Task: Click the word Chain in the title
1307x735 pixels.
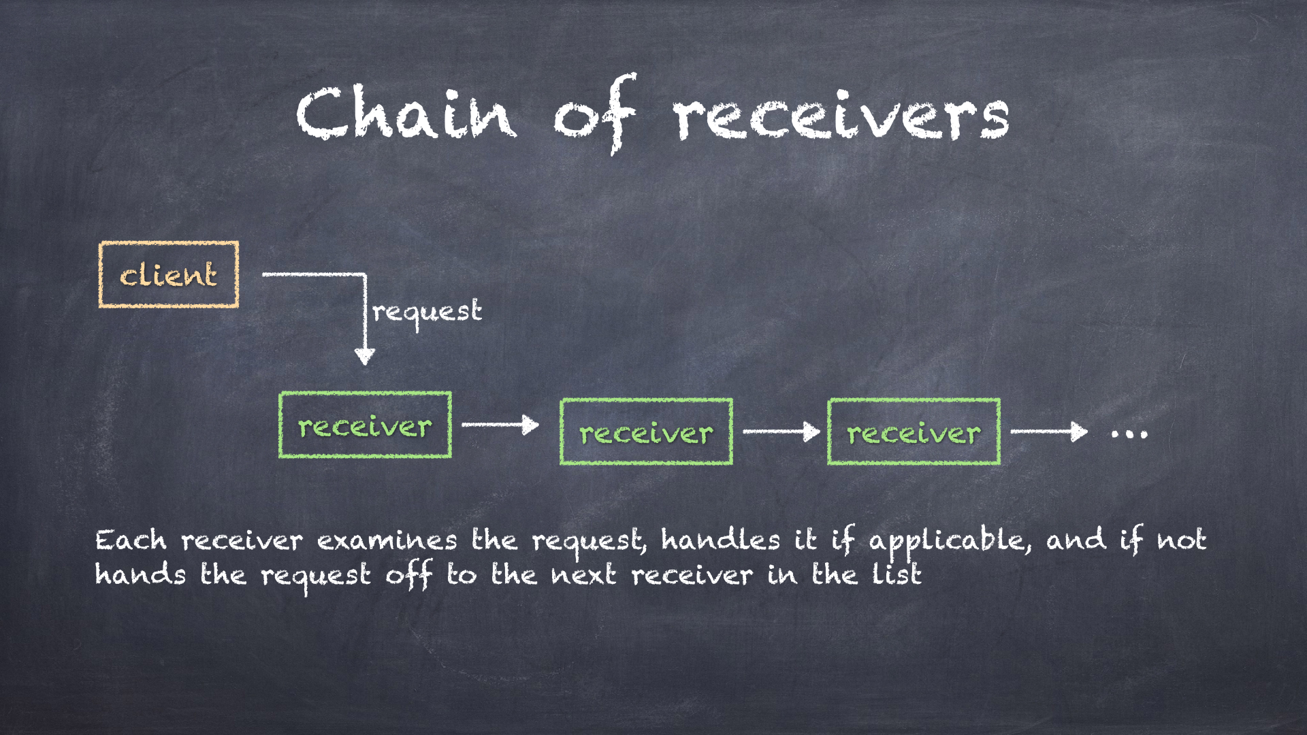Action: coord(406,114)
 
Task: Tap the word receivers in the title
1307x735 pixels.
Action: coord(842,116)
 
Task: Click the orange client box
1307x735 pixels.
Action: coord(169,274)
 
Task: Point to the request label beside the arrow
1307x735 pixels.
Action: coord(427,312)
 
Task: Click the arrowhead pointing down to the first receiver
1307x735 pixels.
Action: coord(365,356)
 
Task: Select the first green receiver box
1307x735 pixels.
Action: coord(365,425)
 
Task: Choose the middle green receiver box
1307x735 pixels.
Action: coord(646,432)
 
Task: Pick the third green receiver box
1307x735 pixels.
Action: coord(914,432)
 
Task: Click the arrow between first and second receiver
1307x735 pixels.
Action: coord(500,425)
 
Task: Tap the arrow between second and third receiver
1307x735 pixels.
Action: coord(781,431)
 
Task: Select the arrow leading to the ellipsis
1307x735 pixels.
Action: coord(1048,431)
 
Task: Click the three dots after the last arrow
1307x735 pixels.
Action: coord(1129,433)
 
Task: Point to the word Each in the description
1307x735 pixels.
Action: coord(131,540)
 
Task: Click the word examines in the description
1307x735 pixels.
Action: coord(387,541)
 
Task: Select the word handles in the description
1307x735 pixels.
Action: coord(720,540)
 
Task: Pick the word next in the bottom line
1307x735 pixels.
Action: coord(583,576)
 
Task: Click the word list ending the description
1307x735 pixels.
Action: coord(897,574)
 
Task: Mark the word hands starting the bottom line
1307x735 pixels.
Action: coord(140,574)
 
